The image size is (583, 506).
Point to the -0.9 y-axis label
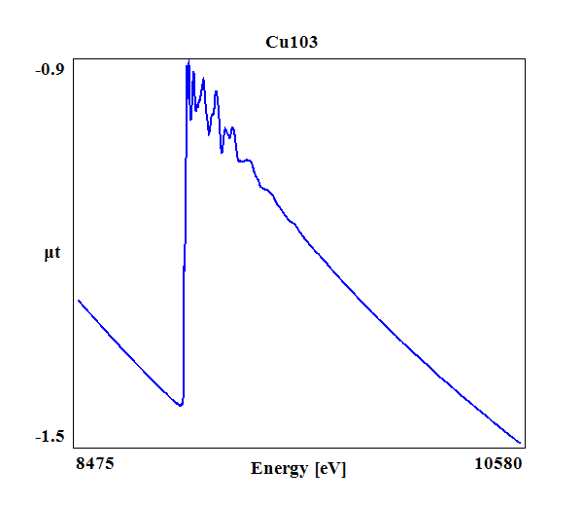50,69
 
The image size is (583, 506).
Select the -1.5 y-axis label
50,437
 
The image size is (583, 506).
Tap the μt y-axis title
51,254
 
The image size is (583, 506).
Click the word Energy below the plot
280,468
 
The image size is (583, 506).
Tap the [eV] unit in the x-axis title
330,468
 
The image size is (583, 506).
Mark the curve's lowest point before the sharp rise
180,405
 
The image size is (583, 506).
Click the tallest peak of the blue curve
189,61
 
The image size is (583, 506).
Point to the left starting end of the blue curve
79,301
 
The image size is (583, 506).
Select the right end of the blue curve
521,443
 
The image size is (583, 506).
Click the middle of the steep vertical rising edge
185,234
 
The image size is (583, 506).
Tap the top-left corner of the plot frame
73,58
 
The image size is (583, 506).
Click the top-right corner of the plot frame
526,58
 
